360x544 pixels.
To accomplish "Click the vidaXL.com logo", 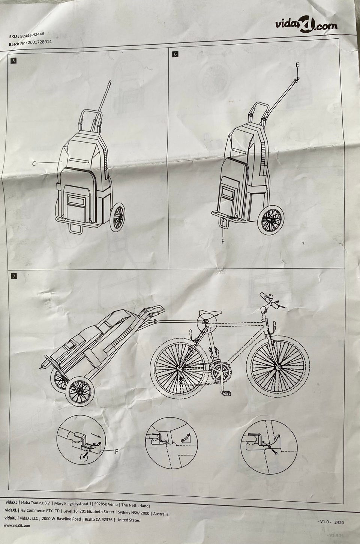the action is coord(306,24).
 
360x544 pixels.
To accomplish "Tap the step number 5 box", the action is coord(13,60).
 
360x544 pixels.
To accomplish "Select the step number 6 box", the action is coord(175,54).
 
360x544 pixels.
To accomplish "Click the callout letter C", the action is coord(34,164).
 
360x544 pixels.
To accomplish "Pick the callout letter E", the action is coord(297,65).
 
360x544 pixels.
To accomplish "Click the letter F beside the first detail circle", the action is coord(117,451).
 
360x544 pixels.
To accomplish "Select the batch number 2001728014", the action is coord(40,42).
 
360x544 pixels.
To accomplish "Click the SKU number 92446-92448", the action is coord(32,35).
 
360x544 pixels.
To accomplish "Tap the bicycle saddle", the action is coord(210,313).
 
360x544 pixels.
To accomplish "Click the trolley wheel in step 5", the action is coord(117,217).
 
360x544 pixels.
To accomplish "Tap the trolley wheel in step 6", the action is coord(270,221).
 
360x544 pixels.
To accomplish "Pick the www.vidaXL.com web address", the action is coord(17,526).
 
